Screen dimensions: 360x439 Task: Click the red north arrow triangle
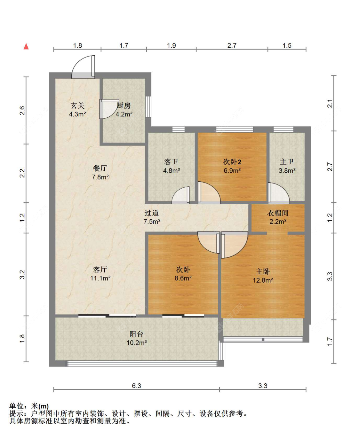[26, 46]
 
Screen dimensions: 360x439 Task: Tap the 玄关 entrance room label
[77, 106]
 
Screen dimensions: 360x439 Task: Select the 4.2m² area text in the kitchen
[124, 114]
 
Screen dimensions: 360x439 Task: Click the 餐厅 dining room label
[100, 168]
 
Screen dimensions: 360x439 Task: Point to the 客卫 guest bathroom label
[171, 162]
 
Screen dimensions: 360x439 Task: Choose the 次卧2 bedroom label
[232, 162]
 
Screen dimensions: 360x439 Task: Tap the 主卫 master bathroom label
[287, 162]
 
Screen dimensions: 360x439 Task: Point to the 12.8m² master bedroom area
[263, 280]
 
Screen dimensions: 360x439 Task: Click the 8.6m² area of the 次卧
[183, 278]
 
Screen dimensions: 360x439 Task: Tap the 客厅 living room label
[100, 270]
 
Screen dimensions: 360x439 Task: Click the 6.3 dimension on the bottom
[136, 386]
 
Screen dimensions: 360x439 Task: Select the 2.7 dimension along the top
[232, 45]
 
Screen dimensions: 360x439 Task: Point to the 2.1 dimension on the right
[330, 104]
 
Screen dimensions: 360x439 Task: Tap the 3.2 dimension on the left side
[22, 274]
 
